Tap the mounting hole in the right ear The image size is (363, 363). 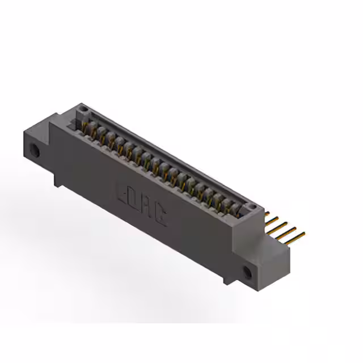pos(247,272)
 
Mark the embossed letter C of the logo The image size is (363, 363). pos(161,216)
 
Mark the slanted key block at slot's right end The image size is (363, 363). pos(243,212)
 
